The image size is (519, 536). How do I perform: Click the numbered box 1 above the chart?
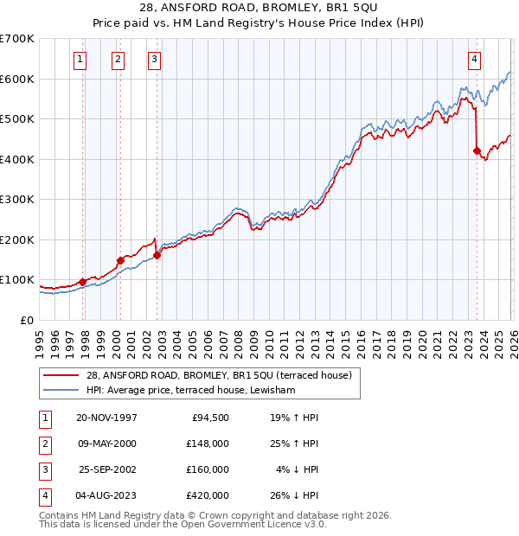pyautogui.click(x=80, y=60)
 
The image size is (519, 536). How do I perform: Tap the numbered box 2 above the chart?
pyautogui.click(x=117, y=60)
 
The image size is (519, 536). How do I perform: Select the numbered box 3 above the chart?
pyautogui.click(x=154, y=60)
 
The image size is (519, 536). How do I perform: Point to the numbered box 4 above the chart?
pyautogui.click(x=475, y=60)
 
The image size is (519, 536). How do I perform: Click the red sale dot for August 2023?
pyautogui.click(x=477, y=151)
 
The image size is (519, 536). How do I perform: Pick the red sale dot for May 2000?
pyautogui.click(x=120, y=260)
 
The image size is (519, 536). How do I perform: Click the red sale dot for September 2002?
pyautogui.click(x=157, y=255)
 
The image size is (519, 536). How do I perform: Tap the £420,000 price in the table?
pyautogui.click(x=208, y=496)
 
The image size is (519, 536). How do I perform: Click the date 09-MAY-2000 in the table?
pyautogui.click(x=107, y=443)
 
